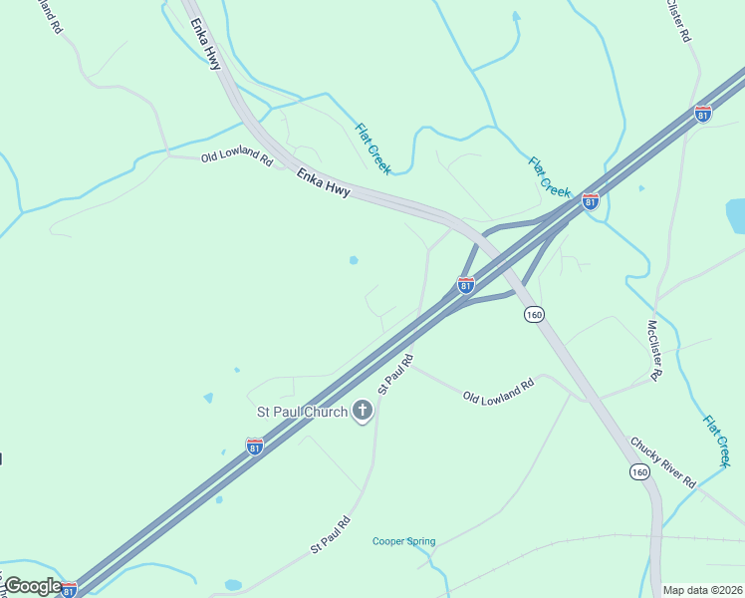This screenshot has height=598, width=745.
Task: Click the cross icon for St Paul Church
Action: pyautogui.click(x=362, y=411)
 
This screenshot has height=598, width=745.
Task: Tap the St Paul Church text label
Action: pyautogui.click(x=303, y=412)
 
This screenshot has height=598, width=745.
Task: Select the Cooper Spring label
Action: pyautogui.click(x=403, y=542)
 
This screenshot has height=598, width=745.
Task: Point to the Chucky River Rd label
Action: pyautogui.click(x=662, y=461)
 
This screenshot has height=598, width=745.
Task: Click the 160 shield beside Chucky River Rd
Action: pyautogui.click(x=639, y=471)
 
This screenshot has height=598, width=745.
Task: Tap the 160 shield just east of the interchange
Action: pyautogui.click(x=534, y=314)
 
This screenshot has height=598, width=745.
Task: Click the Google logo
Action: pyautogui.click(x=33, y=586)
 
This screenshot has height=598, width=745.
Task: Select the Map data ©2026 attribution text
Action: pyautogui.click(x=702, y=590)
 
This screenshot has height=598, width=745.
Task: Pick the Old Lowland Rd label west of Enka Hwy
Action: pyautogui.click(x=237, y=156)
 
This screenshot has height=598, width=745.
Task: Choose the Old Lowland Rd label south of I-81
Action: pyautogui.click(x=499, y=390)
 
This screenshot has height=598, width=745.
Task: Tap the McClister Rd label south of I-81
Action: pyautogui.click(x=654, y=350)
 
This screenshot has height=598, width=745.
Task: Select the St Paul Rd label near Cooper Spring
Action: pyautogui.click(x=330, y=534)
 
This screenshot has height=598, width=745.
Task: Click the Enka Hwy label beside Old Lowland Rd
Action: pyautogui.click(x=323, y=182)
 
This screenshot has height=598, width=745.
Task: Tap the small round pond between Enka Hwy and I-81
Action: pyautogui.click(x=354, y=261)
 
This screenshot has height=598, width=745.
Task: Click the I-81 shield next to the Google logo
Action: pyautogui.click(x=69, y=590)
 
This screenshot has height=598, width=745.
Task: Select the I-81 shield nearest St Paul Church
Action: pyautogui.click(x=255, y=446)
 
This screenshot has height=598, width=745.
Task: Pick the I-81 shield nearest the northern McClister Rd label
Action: pyautogui.click(x=703, y=114)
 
